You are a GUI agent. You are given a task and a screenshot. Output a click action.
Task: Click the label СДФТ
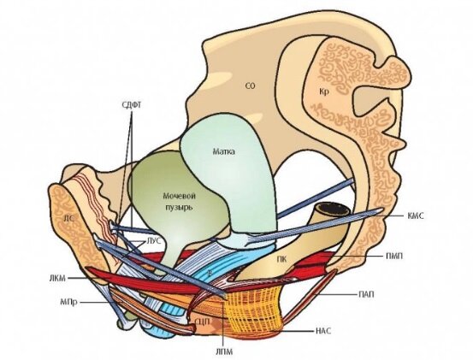tap(132, 105)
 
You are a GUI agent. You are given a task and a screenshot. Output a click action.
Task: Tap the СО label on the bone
tap(250, 86)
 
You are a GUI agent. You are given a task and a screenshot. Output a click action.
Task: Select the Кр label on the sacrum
tap(323, 91)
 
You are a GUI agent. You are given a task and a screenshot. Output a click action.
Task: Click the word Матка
tap(223, 151)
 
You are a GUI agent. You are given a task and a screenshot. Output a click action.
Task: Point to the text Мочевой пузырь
tap(179, 202)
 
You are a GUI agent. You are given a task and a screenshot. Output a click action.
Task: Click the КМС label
tap(416, 215)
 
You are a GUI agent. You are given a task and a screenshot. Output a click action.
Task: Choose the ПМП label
tap(394, 256)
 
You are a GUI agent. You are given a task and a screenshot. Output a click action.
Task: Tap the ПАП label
tap(366, 294)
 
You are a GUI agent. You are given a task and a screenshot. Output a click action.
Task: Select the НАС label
tap(323, 331)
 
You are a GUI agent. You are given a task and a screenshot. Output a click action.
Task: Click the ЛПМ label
tap(224, 351)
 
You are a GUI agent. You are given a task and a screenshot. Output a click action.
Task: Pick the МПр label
tap(68, 301)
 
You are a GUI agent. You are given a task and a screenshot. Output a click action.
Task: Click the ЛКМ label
tap(57, 278)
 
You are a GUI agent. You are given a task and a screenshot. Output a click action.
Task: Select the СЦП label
tap(203, 322)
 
